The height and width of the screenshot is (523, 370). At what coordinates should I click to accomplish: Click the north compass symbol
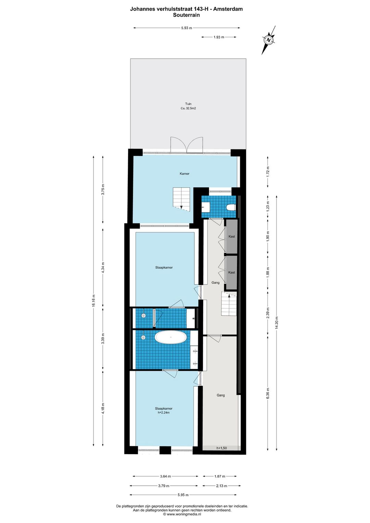pyautogui.click(x=269, y=40)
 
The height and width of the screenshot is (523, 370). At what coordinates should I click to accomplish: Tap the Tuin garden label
pyautogui.click(x=188, y=104)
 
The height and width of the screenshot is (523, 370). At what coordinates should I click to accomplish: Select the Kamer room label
pyautogui.click(x=184, y=174)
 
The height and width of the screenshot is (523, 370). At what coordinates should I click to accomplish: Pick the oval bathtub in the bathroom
pyautogui.click(x=171, y=337)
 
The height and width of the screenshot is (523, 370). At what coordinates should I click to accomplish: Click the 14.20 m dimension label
pyautogui.click(x=276, y=323)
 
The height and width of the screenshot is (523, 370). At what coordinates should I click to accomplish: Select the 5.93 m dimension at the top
pyautogui.click(x=186, y=28)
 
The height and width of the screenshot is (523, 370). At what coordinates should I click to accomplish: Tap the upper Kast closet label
pyautogui.click(x=232, y=236)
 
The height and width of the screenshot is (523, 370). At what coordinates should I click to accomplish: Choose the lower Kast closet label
pyautogui.click(x=232, y=272)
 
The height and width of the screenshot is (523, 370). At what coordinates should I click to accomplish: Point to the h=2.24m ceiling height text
pyautogui.click(x=164, y=413)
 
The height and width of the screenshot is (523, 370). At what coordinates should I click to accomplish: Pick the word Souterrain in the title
pyautogui.click(x=186, y=15)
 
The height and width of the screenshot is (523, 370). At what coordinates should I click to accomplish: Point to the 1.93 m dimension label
pyautogui.click(x=219, y=37)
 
